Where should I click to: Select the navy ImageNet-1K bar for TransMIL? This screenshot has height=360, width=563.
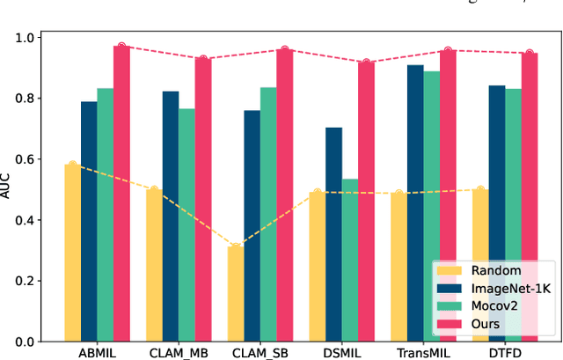tap(414, 203)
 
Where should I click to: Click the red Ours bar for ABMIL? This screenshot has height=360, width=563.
tap(121, 194)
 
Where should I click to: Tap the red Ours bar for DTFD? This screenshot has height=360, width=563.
tap(529, 197)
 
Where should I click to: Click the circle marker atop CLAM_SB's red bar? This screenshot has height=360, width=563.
tap(284, 50)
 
